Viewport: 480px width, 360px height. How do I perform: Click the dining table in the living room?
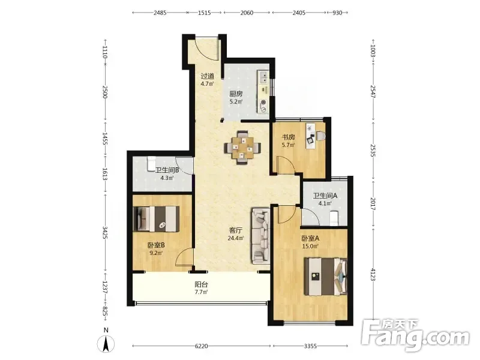tap(242, 148)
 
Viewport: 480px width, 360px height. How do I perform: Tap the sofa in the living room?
tap(261, 236)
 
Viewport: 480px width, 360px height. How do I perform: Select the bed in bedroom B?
tap(157, 219)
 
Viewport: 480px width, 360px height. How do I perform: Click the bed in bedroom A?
tap(326, 277)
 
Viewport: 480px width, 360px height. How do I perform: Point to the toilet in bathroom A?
tap(334, 218)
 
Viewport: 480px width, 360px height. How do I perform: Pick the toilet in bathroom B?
tap(152, 164)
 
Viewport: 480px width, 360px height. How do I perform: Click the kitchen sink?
tap(263, 77)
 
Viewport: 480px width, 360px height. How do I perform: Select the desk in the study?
tap(310, 136)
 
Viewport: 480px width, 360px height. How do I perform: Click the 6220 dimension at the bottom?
tap(201, 346)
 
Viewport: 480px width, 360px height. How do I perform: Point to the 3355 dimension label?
tap(310, 346)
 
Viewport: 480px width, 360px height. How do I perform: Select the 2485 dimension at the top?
tap(160, 13)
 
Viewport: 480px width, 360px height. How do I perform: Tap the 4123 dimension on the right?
tap(373, 274)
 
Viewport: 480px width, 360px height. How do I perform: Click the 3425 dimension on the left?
tap(105, 233)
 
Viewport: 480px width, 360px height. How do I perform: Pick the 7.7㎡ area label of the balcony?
tap(201, 292)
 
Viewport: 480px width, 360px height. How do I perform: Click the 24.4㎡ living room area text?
tap(236, 238)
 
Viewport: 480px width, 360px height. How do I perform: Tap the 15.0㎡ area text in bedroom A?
tap(310, 246)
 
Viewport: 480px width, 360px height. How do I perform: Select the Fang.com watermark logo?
tap(415, 335)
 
